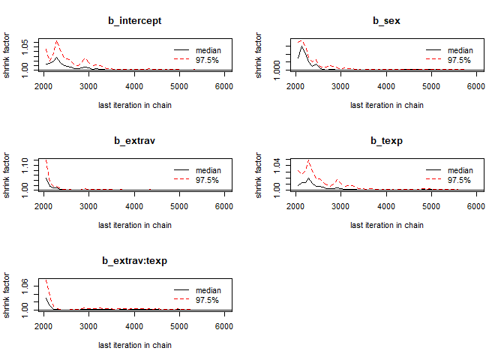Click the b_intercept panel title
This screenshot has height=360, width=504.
135,20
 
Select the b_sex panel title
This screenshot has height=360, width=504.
386,20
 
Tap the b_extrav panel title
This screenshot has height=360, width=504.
135,140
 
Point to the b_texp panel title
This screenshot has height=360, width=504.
386,140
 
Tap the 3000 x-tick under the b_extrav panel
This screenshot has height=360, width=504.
88,206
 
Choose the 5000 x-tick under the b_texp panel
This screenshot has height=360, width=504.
430,206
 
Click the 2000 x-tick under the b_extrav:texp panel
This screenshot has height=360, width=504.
43,326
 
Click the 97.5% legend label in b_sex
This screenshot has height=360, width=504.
459,59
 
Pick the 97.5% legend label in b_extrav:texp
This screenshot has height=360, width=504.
208,299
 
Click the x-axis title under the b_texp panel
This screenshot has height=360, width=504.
386,225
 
